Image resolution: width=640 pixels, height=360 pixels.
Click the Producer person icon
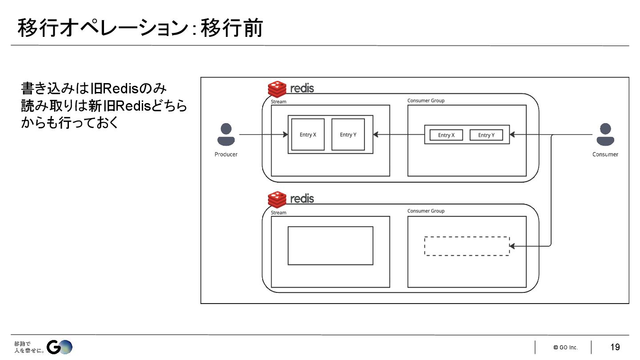pyautogui.click(x=226, y=135)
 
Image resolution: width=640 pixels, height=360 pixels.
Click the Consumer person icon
pyautogui.click(x=605, y=135)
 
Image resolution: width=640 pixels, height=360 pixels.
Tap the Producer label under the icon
pyautogui.click(x=226, y=154)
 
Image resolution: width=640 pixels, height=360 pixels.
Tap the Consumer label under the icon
pyautogui.click(x=605, y=154)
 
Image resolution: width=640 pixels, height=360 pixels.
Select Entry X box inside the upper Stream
pyautogui.click(x=308, y=135)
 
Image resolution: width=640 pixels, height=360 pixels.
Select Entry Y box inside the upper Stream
pyautogui.click(x=348, y=135)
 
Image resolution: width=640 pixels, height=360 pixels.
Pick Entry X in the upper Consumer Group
pyautogui.click(x=446, y=135)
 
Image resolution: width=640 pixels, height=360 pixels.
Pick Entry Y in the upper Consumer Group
pyautogui.click(x=486, y=135)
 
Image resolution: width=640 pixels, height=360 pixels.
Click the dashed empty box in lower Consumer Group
pyautogui.click(x=467, y=246)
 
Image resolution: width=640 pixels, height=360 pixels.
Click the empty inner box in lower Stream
pyautogui.click(x=330, y=245)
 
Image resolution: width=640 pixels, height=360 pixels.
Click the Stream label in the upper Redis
pyautogui.click(x=279, y=102)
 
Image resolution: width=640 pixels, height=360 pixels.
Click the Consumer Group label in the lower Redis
pyautogui.click(x=426, y=211)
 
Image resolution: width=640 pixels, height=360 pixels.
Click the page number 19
pyautogui.click(x=615, y=347)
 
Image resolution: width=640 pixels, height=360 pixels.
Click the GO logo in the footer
pyautogui.click(x=60, y=347)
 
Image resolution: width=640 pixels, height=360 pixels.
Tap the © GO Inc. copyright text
pyautogui.click(x=565, y=348)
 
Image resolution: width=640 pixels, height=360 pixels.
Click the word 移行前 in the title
pyautogui.click(x=232, y=28)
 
